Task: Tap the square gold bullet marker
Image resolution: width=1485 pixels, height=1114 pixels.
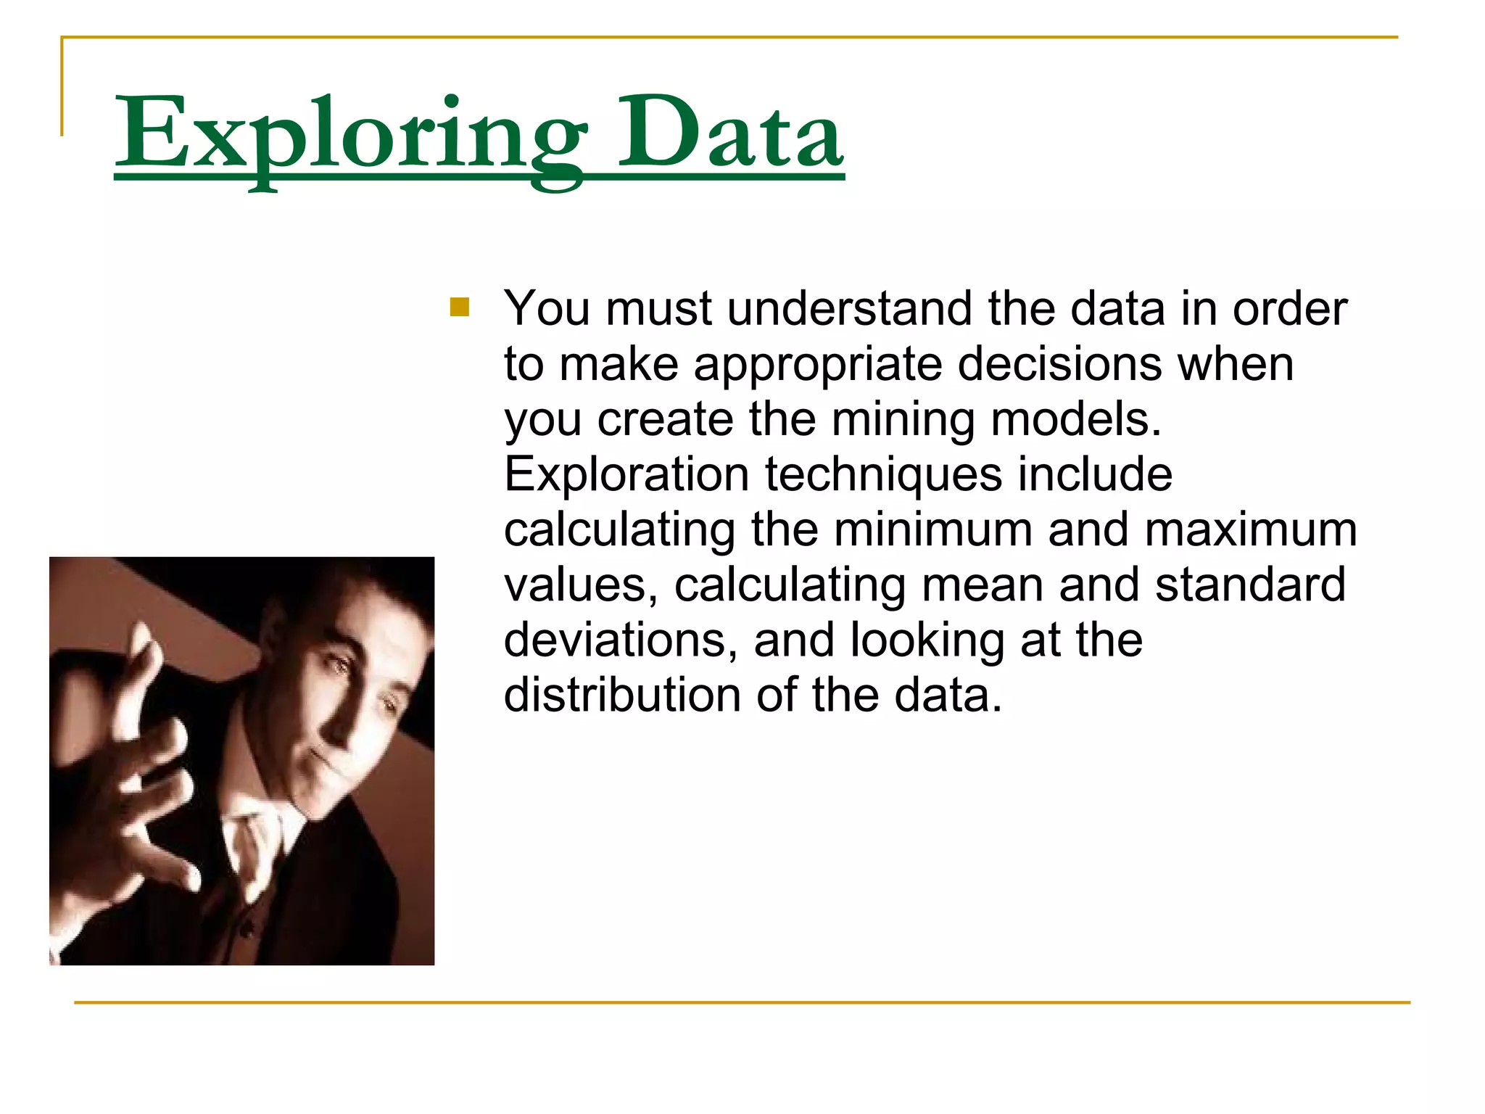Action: (460, 308)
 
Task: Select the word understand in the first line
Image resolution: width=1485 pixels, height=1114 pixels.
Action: (849, 309)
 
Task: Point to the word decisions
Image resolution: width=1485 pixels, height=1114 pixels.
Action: (1063, 364)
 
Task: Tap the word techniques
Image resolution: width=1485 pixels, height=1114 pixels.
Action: (883, 475)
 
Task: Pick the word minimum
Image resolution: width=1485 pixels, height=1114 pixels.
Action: (932, 529)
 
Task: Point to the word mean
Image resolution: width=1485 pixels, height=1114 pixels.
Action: (982, 585)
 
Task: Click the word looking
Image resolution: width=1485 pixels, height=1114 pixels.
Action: (927, 642)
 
